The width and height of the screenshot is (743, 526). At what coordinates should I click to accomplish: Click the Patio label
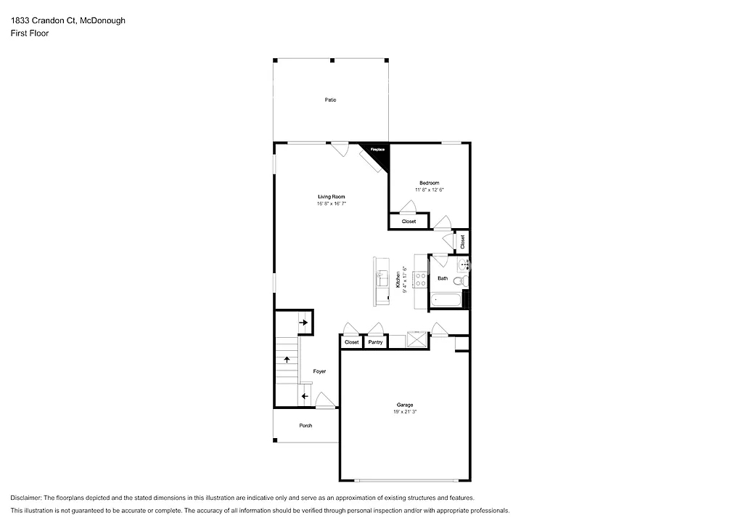[x=330, y=100]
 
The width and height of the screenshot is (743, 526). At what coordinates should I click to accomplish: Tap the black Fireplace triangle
[x=379, y=153]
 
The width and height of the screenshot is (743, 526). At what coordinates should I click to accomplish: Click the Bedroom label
[x=429, y=182]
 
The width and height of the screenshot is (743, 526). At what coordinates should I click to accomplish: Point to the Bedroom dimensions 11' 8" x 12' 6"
[x=429, y=190]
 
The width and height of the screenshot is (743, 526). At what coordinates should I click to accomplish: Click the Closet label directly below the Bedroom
[x=409, y=222]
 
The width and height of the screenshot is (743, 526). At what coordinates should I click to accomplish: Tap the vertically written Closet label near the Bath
[x=462, y=242]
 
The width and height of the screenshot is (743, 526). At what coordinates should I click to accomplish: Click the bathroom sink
[x=463, y=265]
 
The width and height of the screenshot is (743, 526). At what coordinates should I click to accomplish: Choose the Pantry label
[x=375, y=342]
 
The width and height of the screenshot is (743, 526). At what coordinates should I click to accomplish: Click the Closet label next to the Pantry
[x=351, y=342]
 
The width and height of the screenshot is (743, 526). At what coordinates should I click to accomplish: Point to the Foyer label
[x=319, y=371]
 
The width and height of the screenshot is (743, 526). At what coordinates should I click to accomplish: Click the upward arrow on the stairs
[x=287, y=359]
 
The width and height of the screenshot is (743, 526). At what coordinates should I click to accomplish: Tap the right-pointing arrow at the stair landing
[x=303, y=320]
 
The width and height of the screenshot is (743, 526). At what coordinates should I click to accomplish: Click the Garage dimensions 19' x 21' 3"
[x=404, y=412]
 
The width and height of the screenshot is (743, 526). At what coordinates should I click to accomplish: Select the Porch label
[x=305, y=426]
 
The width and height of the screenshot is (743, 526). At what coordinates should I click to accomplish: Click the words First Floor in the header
[x=30, y=33]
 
